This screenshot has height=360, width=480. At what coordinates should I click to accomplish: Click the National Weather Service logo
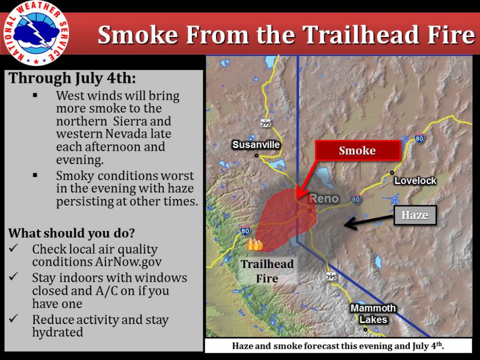[36, 33]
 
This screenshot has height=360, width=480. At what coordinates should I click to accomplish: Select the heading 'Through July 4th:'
[72, 78]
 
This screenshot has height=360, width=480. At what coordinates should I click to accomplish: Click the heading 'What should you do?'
[72, 233]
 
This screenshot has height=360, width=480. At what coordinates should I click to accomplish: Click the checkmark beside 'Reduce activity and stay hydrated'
[14, 318]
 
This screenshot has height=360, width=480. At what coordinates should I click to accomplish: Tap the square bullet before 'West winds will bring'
[35, 95]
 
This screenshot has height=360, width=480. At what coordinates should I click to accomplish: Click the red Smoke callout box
[358, 151]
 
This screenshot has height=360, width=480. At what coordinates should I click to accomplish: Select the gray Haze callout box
[415, 215]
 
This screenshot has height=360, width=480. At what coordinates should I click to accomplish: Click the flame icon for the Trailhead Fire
[254, 245]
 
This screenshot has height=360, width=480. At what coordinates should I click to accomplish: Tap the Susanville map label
[256, 145]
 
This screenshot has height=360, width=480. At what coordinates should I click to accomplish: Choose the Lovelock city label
[415, 181]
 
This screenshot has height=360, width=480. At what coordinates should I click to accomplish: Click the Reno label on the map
[324, 199]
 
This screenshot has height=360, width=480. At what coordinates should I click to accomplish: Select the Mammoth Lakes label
[373, 314]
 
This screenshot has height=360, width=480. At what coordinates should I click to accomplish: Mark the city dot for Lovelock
[392, 173]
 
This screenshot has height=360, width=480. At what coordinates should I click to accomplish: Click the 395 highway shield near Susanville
[265, 123]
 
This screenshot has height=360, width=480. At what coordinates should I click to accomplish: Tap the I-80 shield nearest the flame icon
[245, 230]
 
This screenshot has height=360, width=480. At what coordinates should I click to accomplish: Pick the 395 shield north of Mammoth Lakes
[331, 277]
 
